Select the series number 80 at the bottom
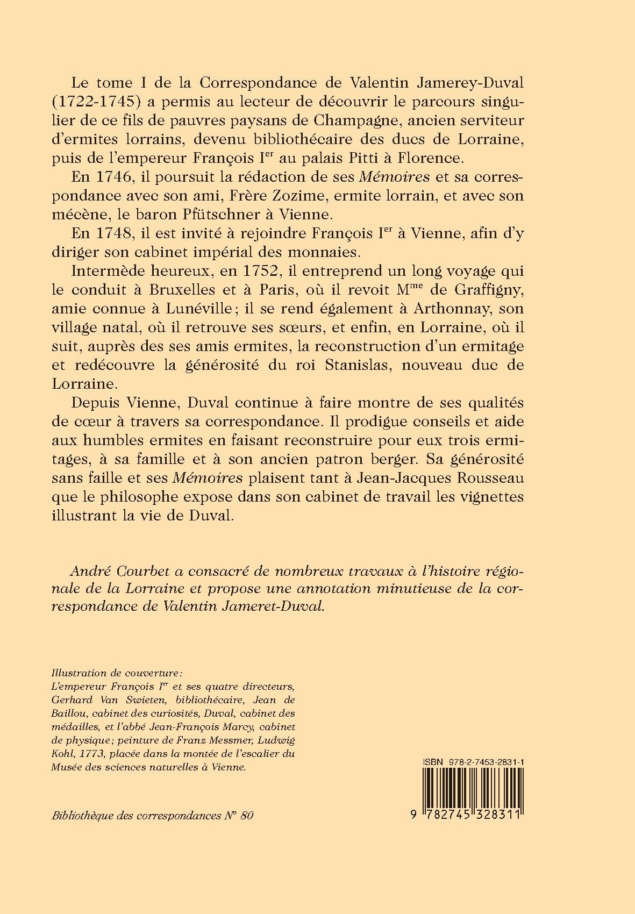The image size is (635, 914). pyautogui.click(x=246, y=815)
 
